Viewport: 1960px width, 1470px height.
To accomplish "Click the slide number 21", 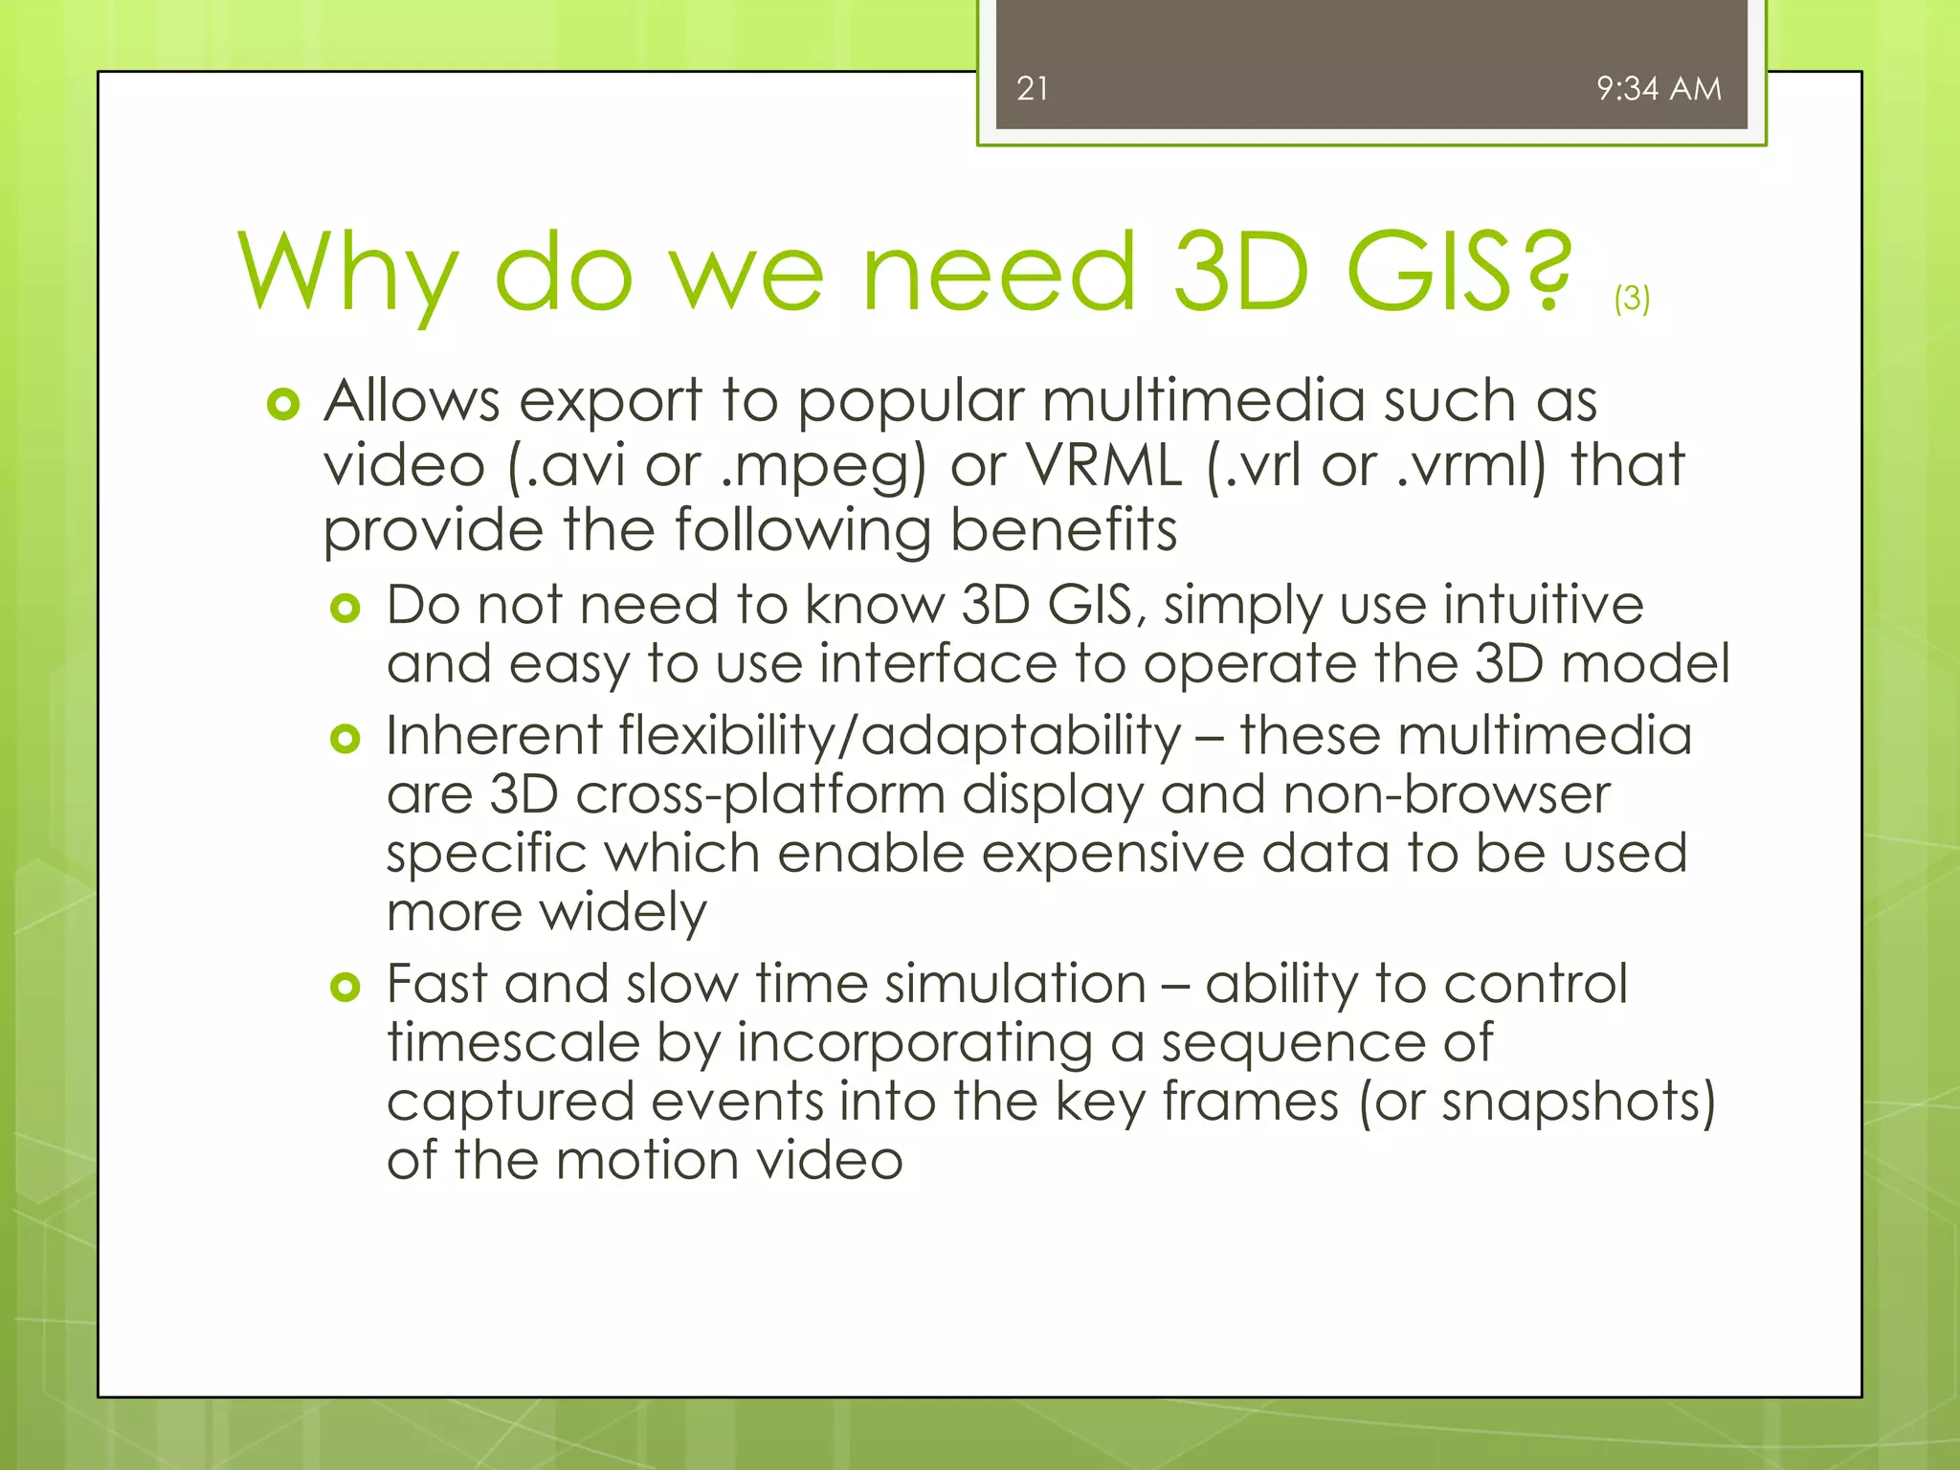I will coord(1032,89).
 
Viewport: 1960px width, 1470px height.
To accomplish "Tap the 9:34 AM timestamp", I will coord(1659,89).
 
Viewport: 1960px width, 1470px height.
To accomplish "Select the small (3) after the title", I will coord(1632,299).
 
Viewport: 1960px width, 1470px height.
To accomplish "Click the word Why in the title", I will coord(348,275).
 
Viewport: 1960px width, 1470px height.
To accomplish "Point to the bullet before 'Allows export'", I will coord(283,405).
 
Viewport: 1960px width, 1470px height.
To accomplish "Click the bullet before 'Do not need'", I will coord(345,609).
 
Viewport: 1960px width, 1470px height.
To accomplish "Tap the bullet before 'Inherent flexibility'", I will coord(345,739).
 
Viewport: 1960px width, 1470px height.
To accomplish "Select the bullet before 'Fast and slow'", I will coord(345,987).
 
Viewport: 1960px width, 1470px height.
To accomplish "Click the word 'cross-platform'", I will coord(761,796).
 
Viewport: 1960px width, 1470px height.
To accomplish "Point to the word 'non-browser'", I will coord(1446,795).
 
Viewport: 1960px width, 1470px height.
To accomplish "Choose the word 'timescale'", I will coord(513,1042).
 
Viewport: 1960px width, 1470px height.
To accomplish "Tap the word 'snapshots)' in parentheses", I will coord(1578,1102).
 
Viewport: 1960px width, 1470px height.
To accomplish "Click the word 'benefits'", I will coord(1063,530).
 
